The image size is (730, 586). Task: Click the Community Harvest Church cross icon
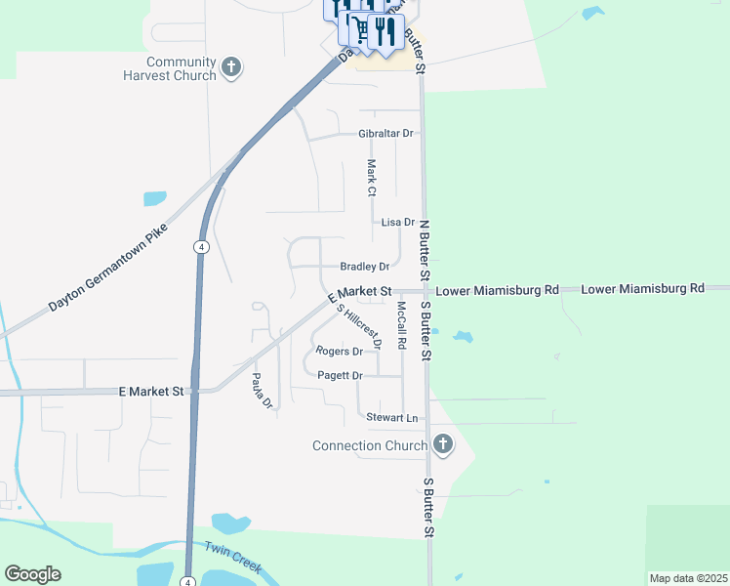[230, 67]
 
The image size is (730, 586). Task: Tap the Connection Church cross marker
[442, 445]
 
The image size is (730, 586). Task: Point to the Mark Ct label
[371, 176]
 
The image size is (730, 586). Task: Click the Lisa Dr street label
[398, 223]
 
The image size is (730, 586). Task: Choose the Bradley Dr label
[364, 267]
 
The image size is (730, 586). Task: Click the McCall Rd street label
[400, 325]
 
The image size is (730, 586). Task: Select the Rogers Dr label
[339, 351]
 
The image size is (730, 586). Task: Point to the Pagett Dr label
[339, 375]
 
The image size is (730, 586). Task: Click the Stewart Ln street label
[392, 418]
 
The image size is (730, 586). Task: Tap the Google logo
[32, 574]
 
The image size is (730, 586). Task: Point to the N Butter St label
[424, 244]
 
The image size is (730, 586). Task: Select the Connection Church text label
[370, 446]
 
